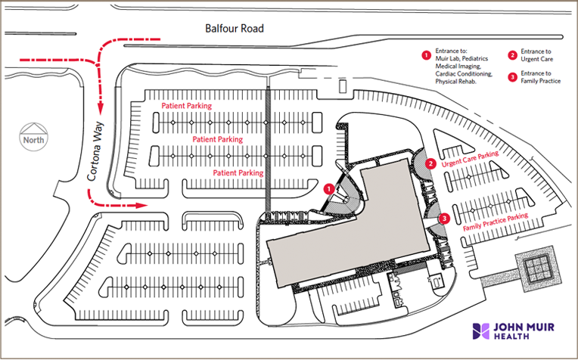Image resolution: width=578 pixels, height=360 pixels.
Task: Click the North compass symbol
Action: click(x=33, y=136)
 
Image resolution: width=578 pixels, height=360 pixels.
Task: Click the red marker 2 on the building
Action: click(x=430, y=163)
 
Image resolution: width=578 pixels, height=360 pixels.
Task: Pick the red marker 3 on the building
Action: click(x=444, y=219)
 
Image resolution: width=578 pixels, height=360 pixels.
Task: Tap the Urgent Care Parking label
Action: click(x=470, y=160)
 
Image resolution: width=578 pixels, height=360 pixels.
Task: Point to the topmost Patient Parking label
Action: click(x=185, y=107)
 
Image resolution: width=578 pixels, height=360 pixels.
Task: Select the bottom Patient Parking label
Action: click(x=238, y=172)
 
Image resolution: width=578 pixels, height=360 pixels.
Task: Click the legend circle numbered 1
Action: click(x=426, y=55)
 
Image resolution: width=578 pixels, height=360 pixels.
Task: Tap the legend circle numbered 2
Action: click(x=512, y=55)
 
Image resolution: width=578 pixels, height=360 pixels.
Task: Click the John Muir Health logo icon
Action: click(x=481, y=331)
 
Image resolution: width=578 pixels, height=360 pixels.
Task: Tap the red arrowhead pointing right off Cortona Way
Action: click(x=143, y=204)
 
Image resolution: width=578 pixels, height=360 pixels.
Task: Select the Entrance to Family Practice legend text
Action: click(x=540, y=76)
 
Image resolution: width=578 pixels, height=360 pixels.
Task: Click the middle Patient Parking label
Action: click(x=217, y=140)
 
